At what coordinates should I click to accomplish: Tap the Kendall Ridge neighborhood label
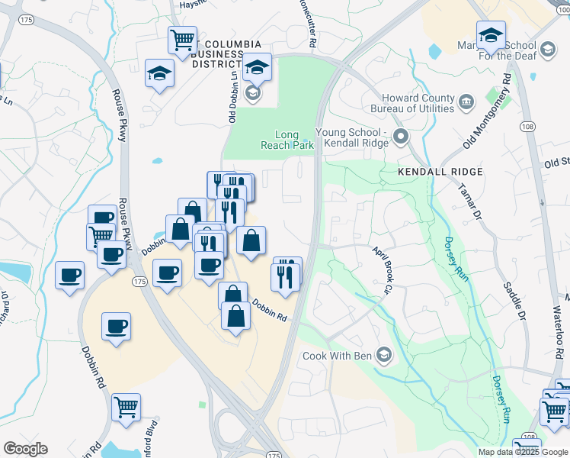(431, 173)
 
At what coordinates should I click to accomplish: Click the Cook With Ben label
(335, 356)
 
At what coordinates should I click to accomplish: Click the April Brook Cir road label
(382, 269)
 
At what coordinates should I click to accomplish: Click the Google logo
(25, 449)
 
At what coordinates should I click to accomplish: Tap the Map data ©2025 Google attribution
(523, 452)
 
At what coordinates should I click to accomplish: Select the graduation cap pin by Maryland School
(491, 35)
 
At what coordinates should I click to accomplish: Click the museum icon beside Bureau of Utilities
(467, 100)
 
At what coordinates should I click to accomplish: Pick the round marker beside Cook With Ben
(385, 356)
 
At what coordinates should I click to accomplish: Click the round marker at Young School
(402, 137)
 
